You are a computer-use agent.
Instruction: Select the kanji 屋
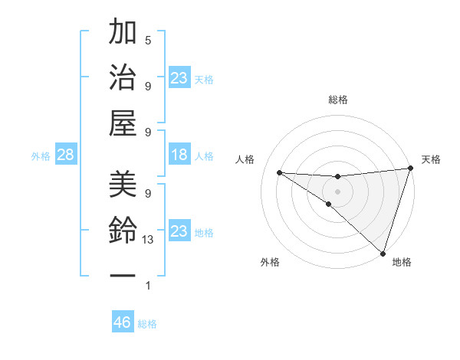(123, 123)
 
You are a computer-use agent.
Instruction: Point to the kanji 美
(123, 184)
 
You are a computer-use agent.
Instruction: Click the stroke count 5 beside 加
(148, 40)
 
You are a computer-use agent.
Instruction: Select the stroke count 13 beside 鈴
(149, 240)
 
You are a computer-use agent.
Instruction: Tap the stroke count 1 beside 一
(148, 286)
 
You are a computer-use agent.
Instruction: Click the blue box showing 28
(65, 155)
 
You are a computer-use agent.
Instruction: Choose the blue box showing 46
(122, 322)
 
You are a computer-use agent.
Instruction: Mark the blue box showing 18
(179, 155)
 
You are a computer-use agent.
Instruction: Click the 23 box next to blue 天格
(179, 78)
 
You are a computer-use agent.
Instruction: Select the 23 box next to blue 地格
(179, 231)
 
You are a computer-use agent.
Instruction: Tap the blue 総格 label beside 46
(147, 324)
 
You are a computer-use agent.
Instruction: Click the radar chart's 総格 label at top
(337, 100)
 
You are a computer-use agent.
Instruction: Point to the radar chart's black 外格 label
(270, 262)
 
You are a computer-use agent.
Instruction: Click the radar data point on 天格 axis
(410, 169)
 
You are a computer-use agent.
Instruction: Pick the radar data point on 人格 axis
(279, 172)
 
